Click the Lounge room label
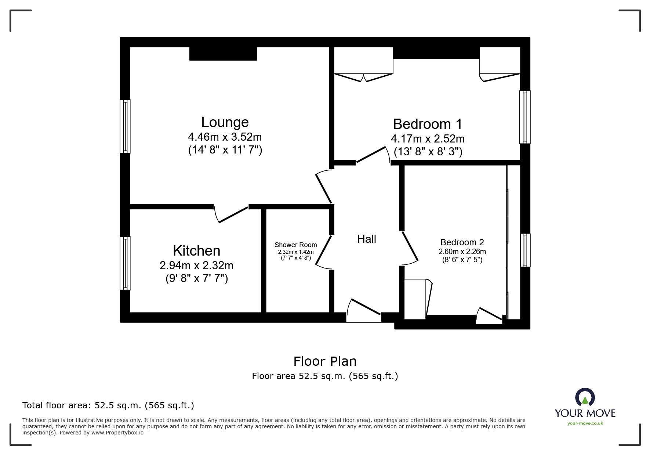tap(225, 122)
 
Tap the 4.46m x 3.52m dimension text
tap(225, 137)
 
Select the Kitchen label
tap(196, 251)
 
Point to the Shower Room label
tap(295, 245)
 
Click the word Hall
tap(366, 239)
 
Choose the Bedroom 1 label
tap(428, 124)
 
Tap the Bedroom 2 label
tap(462, 242)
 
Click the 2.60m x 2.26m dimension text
tap(462, 252)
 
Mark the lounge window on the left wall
tap(126, 126)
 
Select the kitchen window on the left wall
tap(126, 263)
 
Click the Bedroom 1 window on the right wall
tap(525, 117)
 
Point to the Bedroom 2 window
tap(525, 250)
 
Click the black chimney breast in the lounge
tap(223, 54)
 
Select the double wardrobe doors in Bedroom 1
tap(363, 77)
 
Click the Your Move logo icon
tap(585, 398)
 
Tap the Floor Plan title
tap(325, 361)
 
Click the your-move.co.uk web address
tap(585, 423)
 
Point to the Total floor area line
tap(108, 405)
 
